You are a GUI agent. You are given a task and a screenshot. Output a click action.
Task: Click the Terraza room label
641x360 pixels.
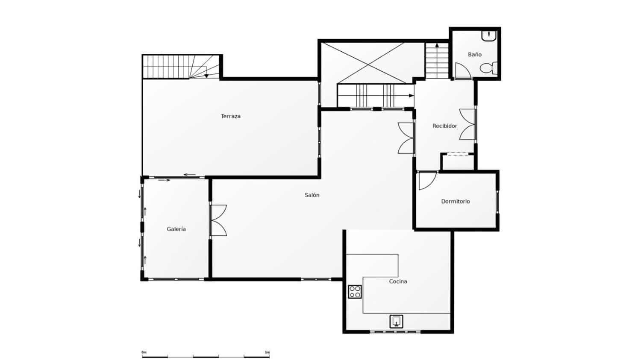(231, 117)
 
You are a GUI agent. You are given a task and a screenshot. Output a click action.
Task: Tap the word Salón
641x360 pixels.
(312, 195)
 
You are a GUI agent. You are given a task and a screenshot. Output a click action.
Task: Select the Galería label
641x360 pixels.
(176, 229)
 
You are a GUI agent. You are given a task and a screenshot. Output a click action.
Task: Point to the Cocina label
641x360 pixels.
(398, 281)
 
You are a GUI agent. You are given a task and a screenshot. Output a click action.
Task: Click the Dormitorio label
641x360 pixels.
(456, 201)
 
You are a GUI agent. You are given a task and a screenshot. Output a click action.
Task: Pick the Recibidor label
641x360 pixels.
(445, 126)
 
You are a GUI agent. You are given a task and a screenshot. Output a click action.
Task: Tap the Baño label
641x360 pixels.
(475, 54)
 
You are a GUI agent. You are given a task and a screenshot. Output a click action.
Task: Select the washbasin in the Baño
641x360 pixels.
(489, 36)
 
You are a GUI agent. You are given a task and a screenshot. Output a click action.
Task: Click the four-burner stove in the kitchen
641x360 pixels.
(355, 292)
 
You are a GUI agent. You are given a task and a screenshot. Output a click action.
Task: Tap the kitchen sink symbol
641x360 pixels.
(396, 322)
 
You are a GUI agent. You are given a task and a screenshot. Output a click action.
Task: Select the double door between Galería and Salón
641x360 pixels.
(219, 220)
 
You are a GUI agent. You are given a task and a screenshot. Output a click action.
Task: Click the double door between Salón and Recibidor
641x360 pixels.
(406, 138)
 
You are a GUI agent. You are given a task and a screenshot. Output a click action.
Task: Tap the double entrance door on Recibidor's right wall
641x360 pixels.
(468, 124)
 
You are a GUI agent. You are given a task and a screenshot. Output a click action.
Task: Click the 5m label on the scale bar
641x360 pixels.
(267, 352)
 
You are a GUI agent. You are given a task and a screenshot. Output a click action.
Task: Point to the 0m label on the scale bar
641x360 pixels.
(144, 352)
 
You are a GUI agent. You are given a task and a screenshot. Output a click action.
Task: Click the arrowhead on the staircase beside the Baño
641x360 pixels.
(437, 45)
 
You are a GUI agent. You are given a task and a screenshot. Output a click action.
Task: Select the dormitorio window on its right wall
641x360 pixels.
(497, 202)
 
